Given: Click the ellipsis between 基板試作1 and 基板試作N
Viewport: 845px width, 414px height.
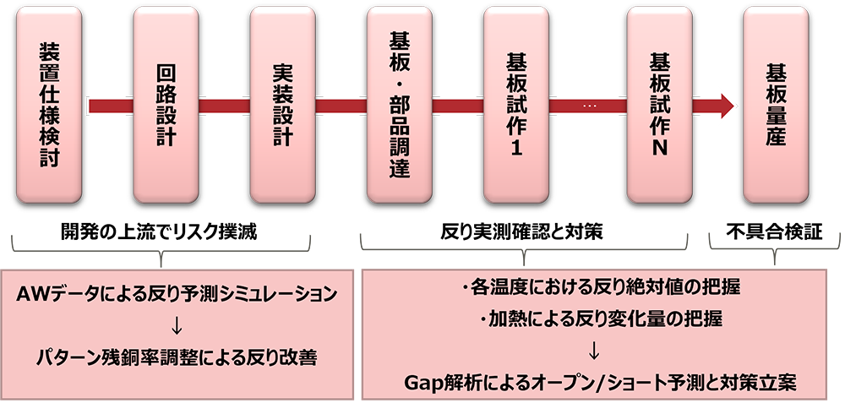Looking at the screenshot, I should pyautogui.click(x=589, y=106).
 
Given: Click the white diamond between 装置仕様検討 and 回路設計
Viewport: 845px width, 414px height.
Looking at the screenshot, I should pyautogui.click(x=107, y=106).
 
